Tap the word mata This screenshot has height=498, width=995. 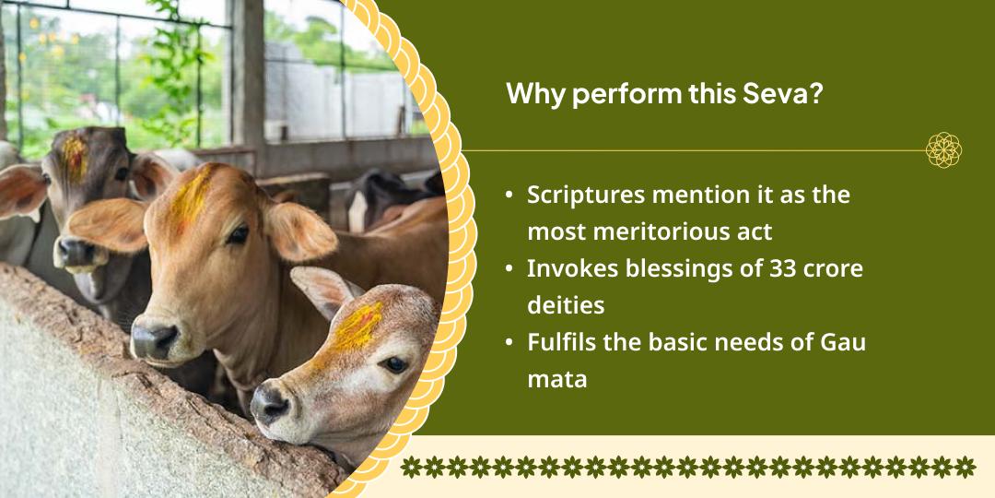556,378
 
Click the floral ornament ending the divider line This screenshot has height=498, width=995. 943,149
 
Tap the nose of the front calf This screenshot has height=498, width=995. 271,403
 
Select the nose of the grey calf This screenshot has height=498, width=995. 73,252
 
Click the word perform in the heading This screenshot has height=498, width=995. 625,95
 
